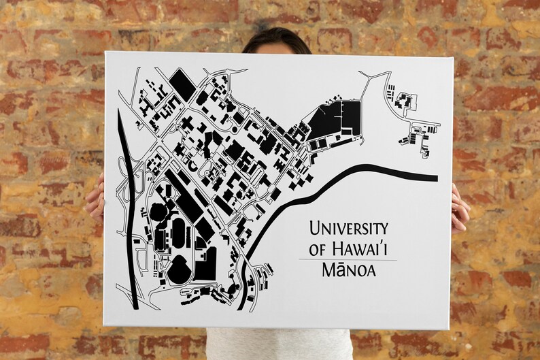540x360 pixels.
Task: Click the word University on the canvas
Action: (348, 229)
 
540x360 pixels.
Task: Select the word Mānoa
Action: (349, 272)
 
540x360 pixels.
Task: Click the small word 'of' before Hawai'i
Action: (317, 250)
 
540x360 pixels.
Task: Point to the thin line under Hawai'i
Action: (348, 260)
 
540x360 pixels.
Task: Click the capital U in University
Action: (315, 229)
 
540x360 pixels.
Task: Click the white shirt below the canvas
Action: (279, 344)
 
